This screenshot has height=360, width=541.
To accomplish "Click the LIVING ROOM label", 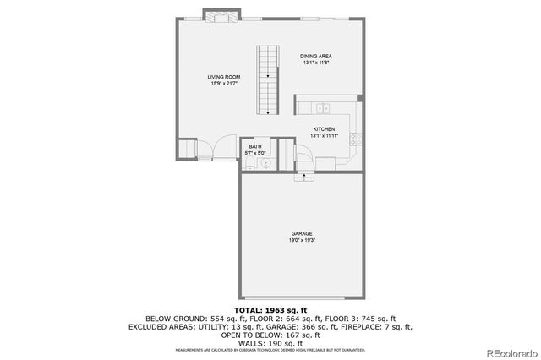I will coord(224,77).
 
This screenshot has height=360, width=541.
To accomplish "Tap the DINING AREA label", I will coord(314,57).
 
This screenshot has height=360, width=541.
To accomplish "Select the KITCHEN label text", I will coord(324,129).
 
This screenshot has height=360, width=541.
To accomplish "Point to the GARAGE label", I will coord(303,233).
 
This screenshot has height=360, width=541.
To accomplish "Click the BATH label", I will coord(254,146).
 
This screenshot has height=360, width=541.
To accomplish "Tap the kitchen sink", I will coord(323,108).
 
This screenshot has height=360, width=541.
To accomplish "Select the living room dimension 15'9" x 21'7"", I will coord(224,84).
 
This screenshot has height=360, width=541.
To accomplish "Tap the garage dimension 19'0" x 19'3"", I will coord(303,240).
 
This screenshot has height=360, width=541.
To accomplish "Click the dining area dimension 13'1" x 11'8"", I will coord(314,63).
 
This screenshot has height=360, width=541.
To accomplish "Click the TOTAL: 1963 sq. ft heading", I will coord(270,311).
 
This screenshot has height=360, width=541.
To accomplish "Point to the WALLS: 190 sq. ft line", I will coord(270,341).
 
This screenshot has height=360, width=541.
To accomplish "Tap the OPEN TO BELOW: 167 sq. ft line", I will coord(270,334).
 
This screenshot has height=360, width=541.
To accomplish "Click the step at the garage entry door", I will coord(303,177).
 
